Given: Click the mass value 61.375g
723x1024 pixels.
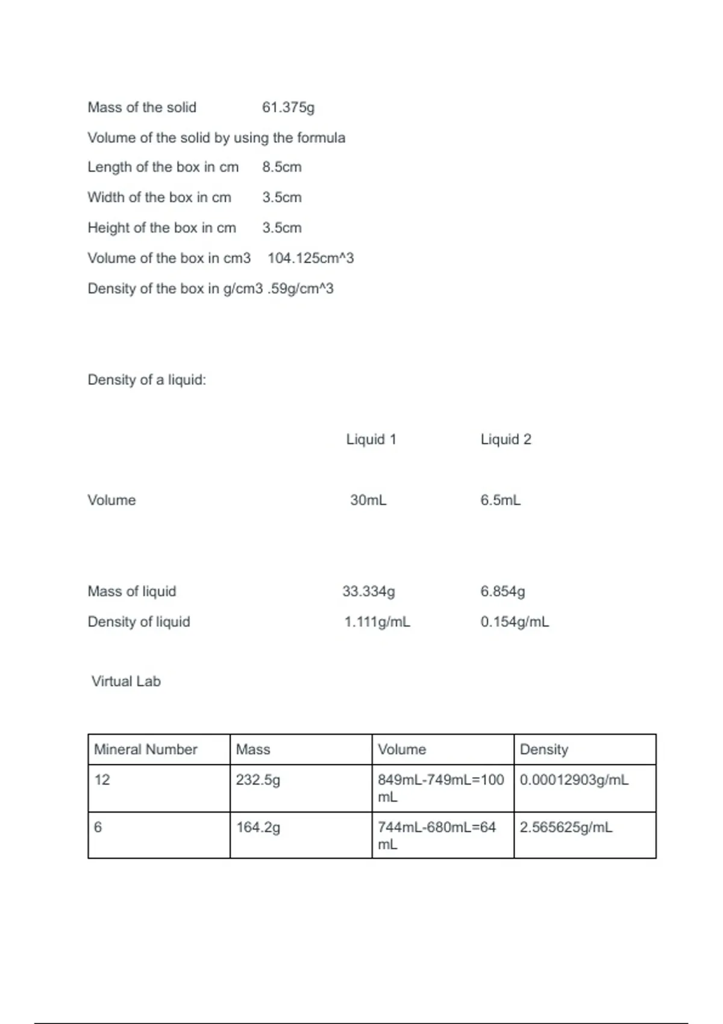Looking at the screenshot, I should tap(288, 107).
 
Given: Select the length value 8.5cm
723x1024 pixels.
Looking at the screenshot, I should tap(281, 167).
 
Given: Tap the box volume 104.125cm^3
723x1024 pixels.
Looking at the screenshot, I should tap(310, 258).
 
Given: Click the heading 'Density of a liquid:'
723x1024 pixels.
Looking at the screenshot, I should tap(146, 379).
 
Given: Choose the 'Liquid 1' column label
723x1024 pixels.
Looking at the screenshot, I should tap(371, 439).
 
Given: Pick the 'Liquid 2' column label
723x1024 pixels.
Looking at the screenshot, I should tap(505, 439).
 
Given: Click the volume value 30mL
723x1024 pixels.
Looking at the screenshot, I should tap(368, 500).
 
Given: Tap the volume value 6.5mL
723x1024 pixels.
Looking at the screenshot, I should tap(500, 500).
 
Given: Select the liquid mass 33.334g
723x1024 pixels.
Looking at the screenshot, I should tap(369, 591).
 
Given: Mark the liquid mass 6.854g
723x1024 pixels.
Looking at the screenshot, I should tap(502, 591).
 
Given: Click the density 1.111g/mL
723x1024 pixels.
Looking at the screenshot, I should tap(377, 622).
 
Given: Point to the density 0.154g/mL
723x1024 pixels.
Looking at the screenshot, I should tap(515, 622).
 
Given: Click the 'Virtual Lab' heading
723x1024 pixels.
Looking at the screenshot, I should tap(126, 681).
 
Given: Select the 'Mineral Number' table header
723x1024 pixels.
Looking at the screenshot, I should tap(146, 749).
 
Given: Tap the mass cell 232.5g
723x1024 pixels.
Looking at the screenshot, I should tap(258, 780).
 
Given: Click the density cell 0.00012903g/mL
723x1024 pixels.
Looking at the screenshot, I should tap(574, 780).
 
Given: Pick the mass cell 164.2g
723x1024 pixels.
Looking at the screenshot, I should tap(258, 828).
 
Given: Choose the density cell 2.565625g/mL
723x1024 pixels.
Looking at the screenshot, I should tap(566, 828).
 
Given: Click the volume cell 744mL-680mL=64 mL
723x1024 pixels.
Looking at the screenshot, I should tap(436, 835).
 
